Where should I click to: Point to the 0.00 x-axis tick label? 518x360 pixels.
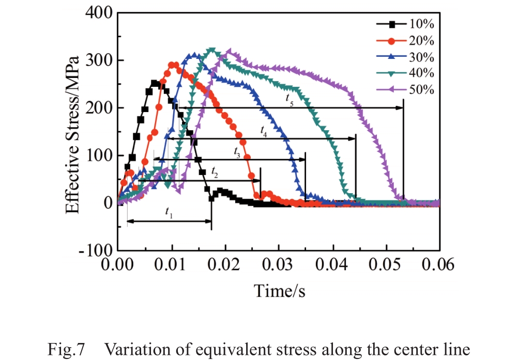[x=118, y=265]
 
